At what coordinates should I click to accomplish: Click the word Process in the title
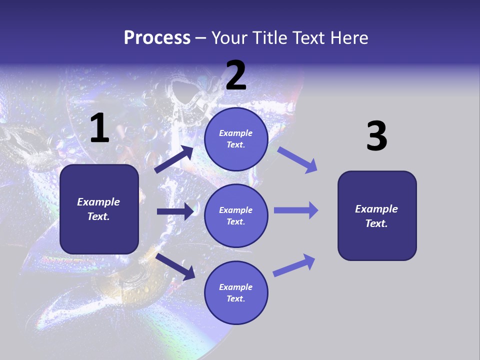(157, 37)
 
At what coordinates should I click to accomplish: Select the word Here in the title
(348, 37)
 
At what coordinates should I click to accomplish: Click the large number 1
(99, 128)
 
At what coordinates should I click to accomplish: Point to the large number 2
(236, 75)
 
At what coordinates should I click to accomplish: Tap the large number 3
(376, 136)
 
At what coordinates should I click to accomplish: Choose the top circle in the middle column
(236, 139)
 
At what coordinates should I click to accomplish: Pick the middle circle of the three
(236, 215)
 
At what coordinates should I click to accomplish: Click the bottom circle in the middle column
(236, 292)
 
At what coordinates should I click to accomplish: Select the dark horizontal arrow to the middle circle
(175, 211)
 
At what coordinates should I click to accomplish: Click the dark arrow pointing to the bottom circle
(175, 266)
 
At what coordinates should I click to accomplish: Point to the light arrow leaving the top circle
(297, 159)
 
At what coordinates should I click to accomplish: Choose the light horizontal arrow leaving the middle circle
(296, 210)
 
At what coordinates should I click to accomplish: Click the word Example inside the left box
(98, 202)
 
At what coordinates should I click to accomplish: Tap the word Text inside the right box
(375, 223)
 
